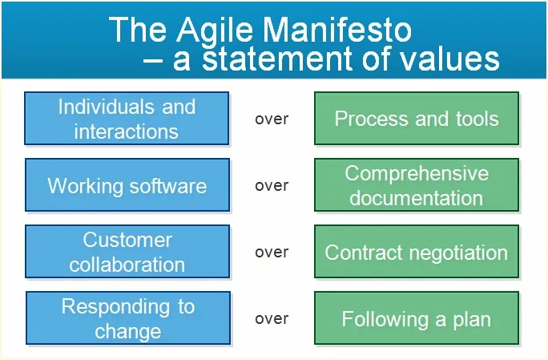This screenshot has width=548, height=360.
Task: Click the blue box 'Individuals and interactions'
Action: click(x=127, y=119)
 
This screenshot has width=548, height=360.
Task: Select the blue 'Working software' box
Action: click(x=127, y=186)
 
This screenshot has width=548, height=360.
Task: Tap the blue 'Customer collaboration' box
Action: click(x=127, y=252)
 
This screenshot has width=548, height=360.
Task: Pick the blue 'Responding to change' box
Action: click(x=128, y=318)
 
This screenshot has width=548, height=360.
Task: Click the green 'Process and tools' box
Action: click(x=416, y=119)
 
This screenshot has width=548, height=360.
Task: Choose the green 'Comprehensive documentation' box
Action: click(x=416, y=185)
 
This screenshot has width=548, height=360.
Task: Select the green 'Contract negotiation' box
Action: click(x=416, y=252)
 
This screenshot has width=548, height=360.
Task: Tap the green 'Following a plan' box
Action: click(x=416, y=319)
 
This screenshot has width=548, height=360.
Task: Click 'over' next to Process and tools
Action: click(x=272, y=119)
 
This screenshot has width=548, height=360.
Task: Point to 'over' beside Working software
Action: click(x=272, y=186)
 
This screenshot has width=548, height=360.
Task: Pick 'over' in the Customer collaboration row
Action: click(x=272, y=253)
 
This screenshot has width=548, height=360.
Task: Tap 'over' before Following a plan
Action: click(x=272, y=319)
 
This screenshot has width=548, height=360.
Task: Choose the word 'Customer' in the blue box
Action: click(x=127, y=241)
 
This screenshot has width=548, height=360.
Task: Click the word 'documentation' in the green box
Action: click(x=416, y=197)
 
